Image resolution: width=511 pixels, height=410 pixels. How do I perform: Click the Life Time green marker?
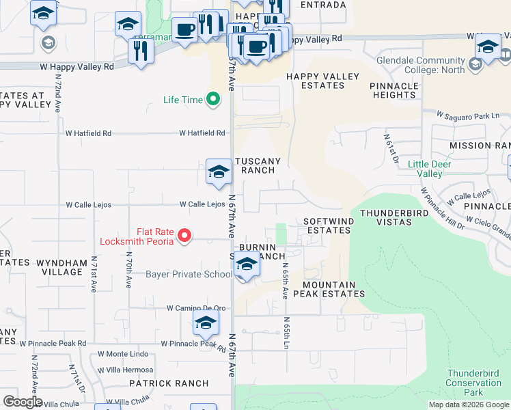coord(213,100)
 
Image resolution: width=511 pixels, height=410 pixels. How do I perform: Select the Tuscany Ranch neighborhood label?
coord(258,165)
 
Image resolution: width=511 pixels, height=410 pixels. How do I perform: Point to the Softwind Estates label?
coord(327,226)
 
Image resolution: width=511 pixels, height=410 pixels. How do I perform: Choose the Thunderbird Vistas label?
coord(396,217)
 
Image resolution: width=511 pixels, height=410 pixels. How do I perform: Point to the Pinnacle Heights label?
coord(394,90)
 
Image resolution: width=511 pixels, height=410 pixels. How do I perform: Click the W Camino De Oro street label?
coord(196,308)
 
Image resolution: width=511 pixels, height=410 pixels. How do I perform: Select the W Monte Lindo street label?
coord(123,354)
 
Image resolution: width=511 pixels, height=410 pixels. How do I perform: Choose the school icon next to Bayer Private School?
coord(247,264)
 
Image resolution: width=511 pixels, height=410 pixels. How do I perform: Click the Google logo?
coord(23,402)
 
